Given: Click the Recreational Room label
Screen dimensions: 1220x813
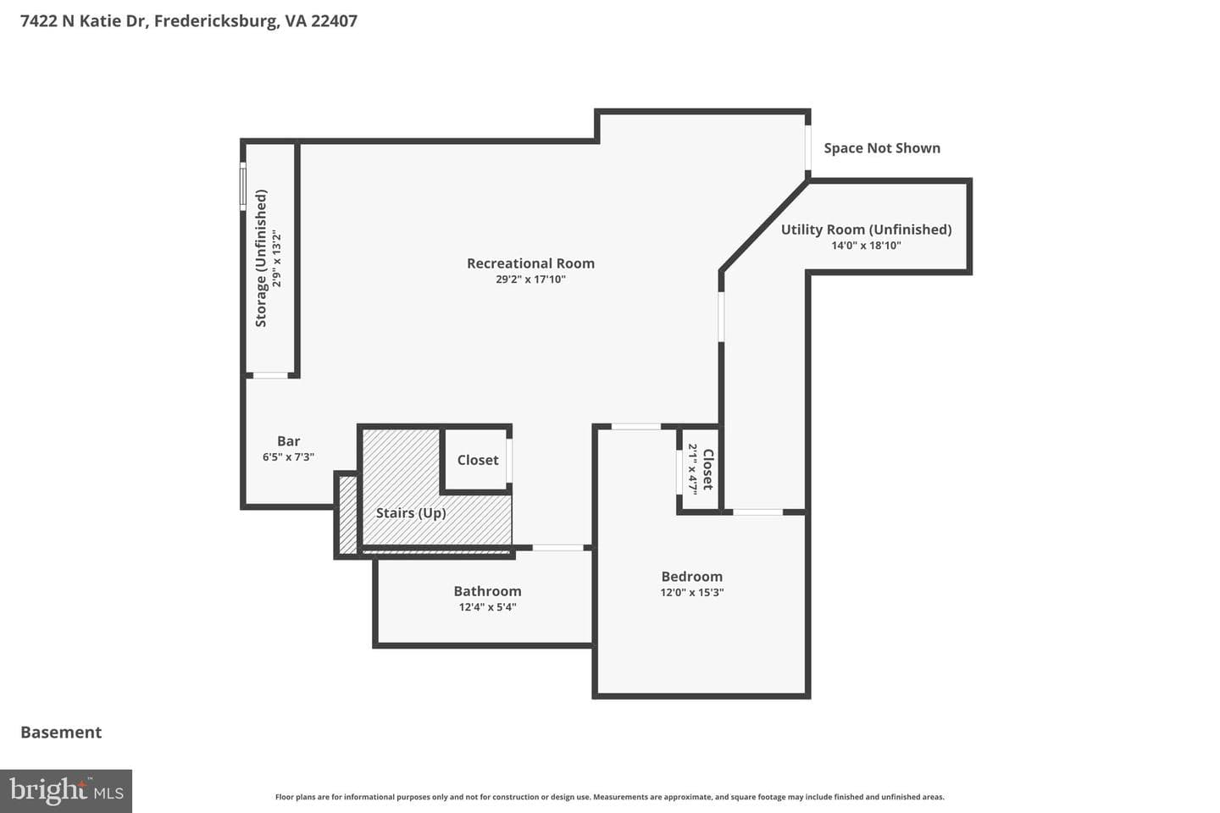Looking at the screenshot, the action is coord(530,263).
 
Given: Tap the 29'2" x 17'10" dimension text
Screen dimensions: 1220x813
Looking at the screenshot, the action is coord(530,279).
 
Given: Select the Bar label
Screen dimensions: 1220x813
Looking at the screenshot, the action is coord(289,441).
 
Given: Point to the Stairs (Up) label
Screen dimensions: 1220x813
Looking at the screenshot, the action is coord(411,513).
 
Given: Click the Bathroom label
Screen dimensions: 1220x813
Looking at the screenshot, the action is coord(487,591).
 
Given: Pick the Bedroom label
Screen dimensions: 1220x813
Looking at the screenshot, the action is coord(691,577).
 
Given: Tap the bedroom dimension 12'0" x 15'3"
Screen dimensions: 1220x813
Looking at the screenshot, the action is coord(691,593).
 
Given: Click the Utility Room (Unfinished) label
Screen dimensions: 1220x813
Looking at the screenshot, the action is coord(867,230).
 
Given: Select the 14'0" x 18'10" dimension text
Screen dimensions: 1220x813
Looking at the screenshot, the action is coord(866,246).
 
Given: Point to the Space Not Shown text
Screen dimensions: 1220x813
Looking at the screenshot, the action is coord(882,148).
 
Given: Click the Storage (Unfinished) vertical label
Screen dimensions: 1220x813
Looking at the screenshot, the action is coord(261,258).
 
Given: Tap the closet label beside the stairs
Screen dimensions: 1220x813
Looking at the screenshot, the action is coord(478,460).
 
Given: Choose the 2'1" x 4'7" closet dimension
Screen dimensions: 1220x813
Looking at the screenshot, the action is coord(692,469).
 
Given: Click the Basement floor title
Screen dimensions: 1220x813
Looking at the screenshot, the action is coord(61,733).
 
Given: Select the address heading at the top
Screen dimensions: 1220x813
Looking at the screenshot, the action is coord(189,21).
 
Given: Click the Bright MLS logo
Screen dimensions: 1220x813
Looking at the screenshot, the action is coord(66,791).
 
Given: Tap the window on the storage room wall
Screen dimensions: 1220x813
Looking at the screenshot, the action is coord(243,185).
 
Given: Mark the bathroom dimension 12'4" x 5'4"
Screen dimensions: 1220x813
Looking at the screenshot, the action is coord(487,607).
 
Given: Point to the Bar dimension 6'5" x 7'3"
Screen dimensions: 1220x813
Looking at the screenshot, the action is coord(289,456).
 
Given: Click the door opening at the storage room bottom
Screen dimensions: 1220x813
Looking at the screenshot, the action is coord(271,375).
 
